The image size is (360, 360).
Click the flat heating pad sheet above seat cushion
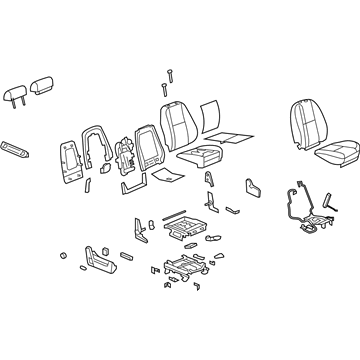point(228,137)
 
